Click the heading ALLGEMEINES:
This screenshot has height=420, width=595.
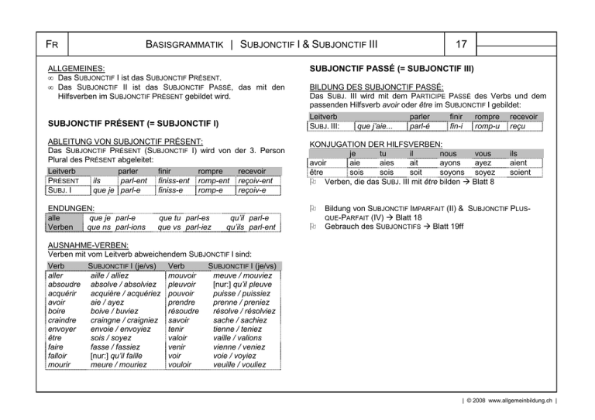[77, 69]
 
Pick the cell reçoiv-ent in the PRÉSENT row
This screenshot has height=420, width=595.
[257, 181]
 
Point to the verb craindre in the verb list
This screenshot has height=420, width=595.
[64, 319]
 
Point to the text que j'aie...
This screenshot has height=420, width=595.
[374, 127]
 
